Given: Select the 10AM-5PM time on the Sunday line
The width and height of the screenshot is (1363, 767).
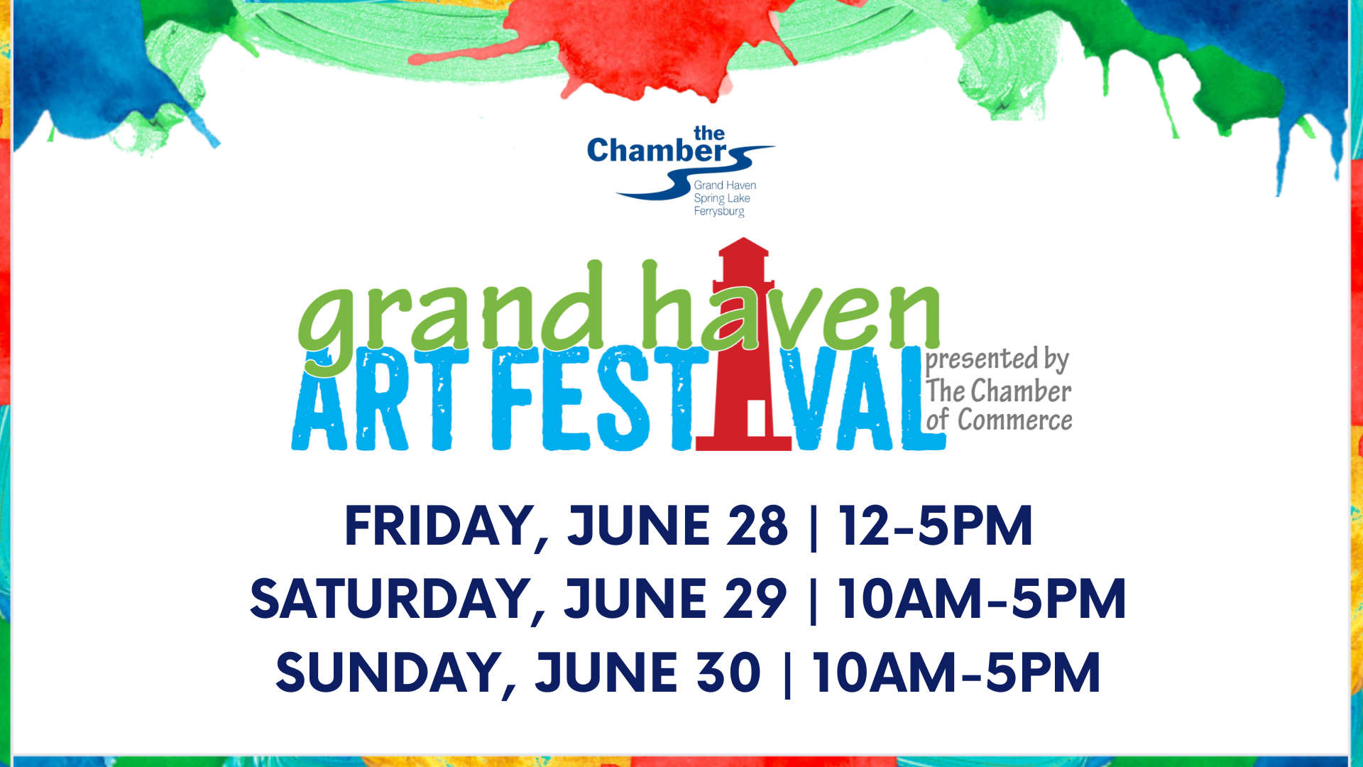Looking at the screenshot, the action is coord(956,672).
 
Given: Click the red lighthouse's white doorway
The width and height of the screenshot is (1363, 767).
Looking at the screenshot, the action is coord(756,418).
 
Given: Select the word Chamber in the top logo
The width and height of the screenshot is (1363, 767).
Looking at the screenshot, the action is coord(657,151).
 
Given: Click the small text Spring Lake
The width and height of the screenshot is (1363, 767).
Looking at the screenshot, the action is coord(722,198).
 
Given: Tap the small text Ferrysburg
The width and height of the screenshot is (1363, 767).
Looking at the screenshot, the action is coord(719,211).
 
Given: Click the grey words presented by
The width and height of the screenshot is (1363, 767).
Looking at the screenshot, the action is coord(997,359).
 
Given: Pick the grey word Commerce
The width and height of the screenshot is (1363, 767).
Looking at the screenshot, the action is coord(1015,420).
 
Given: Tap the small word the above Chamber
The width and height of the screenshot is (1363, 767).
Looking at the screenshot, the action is coord(709,134).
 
